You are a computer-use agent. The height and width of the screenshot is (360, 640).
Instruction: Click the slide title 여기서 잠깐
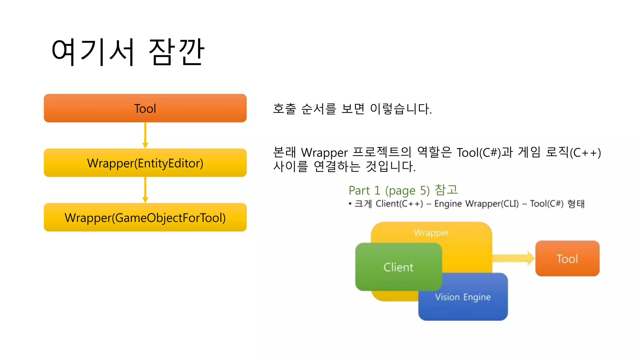click(x=128, y=52)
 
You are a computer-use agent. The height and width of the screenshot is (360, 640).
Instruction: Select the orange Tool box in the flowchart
click(x=145, y=108)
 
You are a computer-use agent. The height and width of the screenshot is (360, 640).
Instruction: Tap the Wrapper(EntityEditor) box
click(x=145, y=163)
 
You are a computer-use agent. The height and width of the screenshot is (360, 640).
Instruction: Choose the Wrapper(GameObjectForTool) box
click(x=145, y=217)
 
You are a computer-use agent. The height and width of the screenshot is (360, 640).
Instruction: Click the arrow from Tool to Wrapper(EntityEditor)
click(x=145, y=135)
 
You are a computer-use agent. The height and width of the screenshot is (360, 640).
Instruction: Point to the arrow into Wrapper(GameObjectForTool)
click(x=145, y=190)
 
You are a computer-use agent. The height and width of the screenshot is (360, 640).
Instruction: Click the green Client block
click(x=398, y=267)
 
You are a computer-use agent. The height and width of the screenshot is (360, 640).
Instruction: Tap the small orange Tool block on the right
click(x=567, y=258)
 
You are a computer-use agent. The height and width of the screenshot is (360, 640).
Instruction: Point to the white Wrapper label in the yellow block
click(x=431, y=232)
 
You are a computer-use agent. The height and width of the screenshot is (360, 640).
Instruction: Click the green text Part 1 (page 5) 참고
click(x=403, y=190)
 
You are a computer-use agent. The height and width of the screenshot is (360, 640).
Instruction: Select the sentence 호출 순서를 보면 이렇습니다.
click(x=352, y=109)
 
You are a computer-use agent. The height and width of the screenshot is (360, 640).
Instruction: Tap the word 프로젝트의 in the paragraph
click(x=382, y=152)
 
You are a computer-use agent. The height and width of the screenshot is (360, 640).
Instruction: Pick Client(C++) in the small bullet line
click(x=399, y=204)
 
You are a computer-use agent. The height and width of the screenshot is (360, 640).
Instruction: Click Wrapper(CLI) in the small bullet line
click(x=492, y=204)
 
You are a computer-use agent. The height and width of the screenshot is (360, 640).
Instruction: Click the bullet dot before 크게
click(x=350, y=204)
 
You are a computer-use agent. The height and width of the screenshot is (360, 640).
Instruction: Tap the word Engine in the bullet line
click(x=448, y=204)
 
